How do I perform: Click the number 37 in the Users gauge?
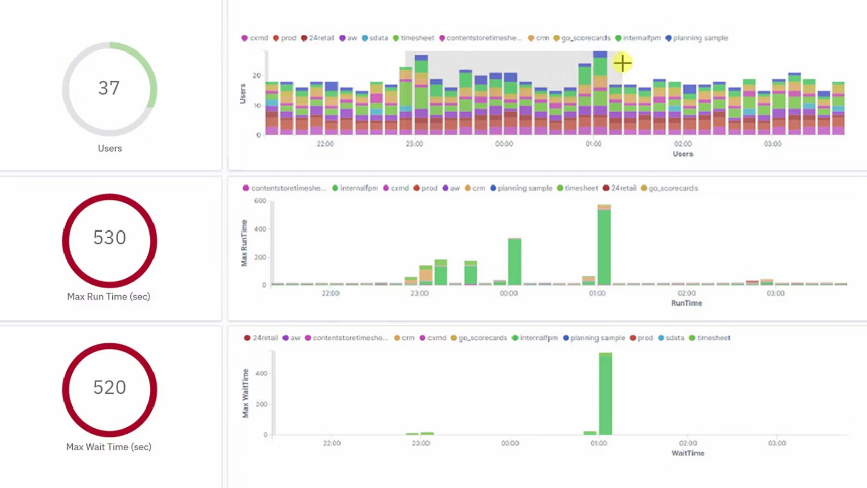(x=109, y=88)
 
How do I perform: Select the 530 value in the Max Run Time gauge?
(x=109, y=238)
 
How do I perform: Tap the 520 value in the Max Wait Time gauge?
(x=109, y=388)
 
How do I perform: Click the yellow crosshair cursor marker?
(x=622, y=63)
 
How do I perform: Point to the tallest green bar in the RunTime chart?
(x=604, y=246)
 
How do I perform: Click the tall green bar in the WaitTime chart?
(x=605, y=394)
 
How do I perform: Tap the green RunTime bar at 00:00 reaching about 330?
(x=515, y=262)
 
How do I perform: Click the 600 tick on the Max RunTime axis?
(x=260, y=201)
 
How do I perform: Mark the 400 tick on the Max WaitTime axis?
(x=261, y=374)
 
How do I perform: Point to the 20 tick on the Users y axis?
(x=257, y=76)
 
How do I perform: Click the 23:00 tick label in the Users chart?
(x=414, y=144)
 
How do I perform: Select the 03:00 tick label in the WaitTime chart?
(x=777, y=443)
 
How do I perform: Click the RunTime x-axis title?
(x=686, y=303)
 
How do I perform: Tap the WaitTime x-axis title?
(x=688, y=453)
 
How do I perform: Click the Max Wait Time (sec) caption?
(x=108, y=447)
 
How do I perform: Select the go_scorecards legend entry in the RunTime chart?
(x=673, y=188)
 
